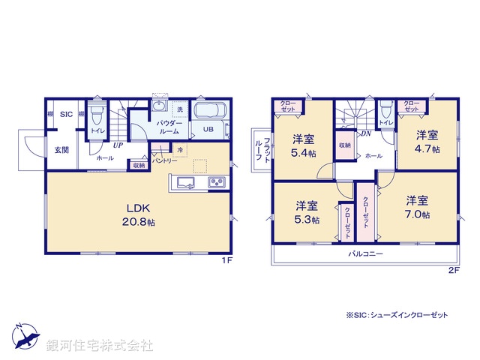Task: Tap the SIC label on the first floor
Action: point(66,115)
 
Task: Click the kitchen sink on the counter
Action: point(185,182)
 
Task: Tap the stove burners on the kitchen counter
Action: point(216,182)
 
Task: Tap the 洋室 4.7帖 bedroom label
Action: point(427,142)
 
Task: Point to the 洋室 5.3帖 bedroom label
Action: point(306,211)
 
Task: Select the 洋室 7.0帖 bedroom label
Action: point(418,207)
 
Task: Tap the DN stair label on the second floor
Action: point(366,134)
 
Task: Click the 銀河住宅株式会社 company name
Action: point(100,345)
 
